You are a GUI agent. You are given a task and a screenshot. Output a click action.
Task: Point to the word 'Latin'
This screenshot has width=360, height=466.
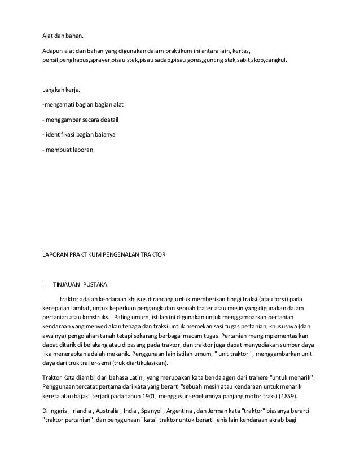[x=132, y=376]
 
